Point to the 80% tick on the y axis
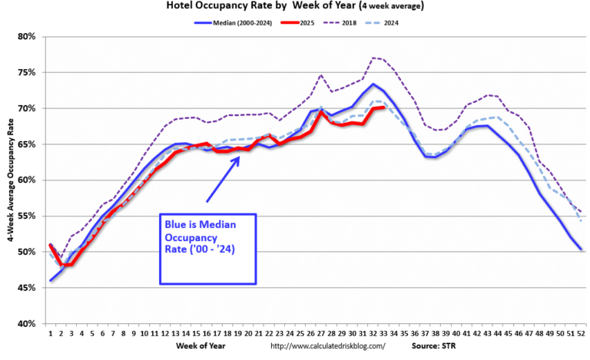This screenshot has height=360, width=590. point(25,36)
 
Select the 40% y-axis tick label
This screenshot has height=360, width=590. point(25,324)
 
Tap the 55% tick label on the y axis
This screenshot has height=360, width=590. point(25,216)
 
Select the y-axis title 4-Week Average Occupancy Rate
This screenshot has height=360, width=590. point(9,180)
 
